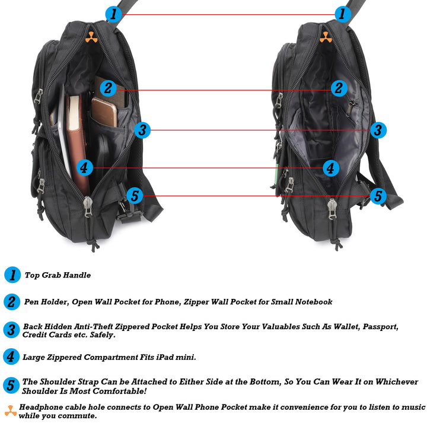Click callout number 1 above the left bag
pyautogui.click(x=113, y=14)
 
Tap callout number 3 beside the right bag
pyautogui.click(x=378, y=130)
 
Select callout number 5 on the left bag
pyautogui.click(x=135, y=196)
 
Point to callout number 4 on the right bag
pyautogui.click(x=331, y=168)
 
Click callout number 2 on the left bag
pyautogui.click(x=107, y=89)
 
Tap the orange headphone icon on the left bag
pyautogui.click(x=90, y=37)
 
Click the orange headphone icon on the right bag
pyautogui.click(x=325, y=37)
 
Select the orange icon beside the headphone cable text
pyautogui.click(x=10, y=410)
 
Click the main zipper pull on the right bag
pyautogui.click(x=332, y=208)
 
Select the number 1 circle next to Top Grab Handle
pyautogui.click(x=12, y=275)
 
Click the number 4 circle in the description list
pyautogui.click(x=12, y=356)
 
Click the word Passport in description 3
pyautogui.click(x=380, y=327)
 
